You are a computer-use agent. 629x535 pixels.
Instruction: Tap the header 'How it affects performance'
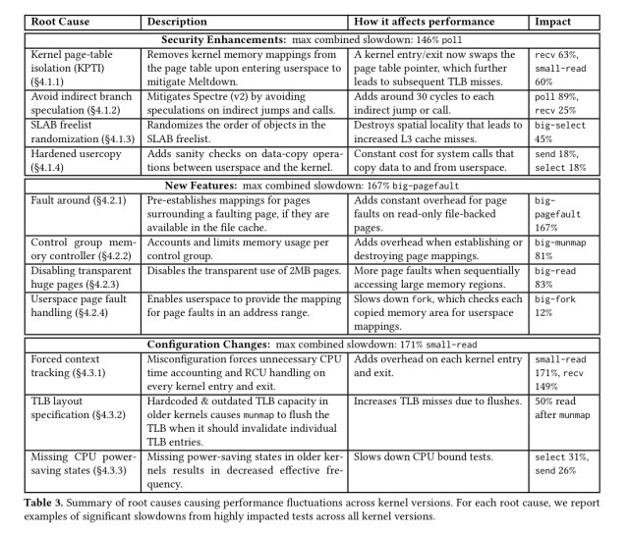419,21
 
